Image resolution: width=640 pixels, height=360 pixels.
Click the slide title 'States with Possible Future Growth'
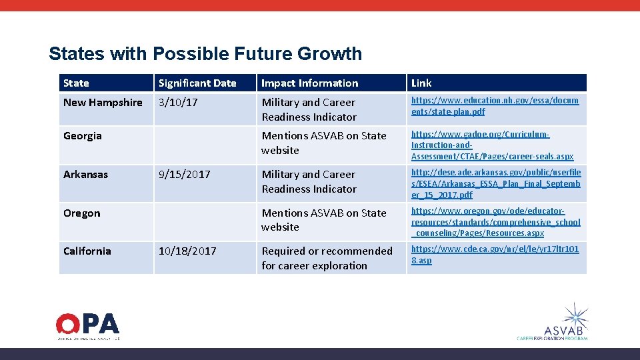[205, 53]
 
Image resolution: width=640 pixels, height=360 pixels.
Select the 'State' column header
[76, 83]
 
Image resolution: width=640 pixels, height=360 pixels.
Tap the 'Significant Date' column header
[197, 83]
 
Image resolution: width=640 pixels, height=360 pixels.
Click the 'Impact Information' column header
[309, 83]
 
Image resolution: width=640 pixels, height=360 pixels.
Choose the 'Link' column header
[421, 83]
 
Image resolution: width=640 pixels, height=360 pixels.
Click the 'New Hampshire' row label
[103, 103]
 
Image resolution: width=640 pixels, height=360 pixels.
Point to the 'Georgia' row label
[83, 136]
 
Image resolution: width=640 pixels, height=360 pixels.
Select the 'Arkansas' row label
[85, 175]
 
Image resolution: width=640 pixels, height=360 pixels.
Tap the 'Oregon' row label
[81, 213]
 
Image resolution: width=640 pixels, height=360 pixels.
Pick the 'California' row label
[87, 251]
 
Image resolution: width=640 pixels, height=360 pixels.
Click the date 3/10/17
[177, 103]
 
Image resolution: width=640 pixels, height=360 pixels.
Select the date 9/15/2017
[184, 175]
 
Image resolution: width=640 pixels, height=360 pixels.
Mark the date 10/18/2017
[187, 251]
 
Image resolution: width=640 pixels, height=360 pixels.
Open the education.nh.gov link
[495, 105]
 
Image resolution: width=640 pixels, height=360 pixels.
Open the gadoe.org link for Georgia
[492, 145]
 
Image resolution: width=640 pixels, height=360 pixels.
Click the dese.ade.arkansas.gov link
[495, 184]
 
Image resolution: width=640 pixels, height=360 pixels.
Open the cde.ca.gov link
[495, 255]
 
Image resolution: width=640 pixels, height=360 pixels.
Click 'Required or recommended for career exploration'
[327, 258]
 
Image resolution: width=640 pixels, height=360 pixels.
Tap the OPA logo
[87, 325]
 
